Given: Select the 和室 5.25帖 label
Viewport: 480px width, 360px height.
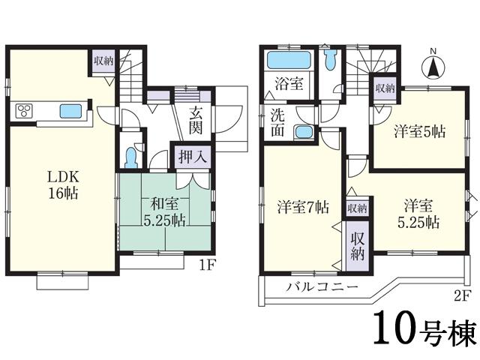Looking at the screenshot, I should tap(164, 211).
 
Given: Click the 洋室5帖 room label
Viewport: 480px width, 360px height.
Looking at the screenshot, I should tap(420, 132).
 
